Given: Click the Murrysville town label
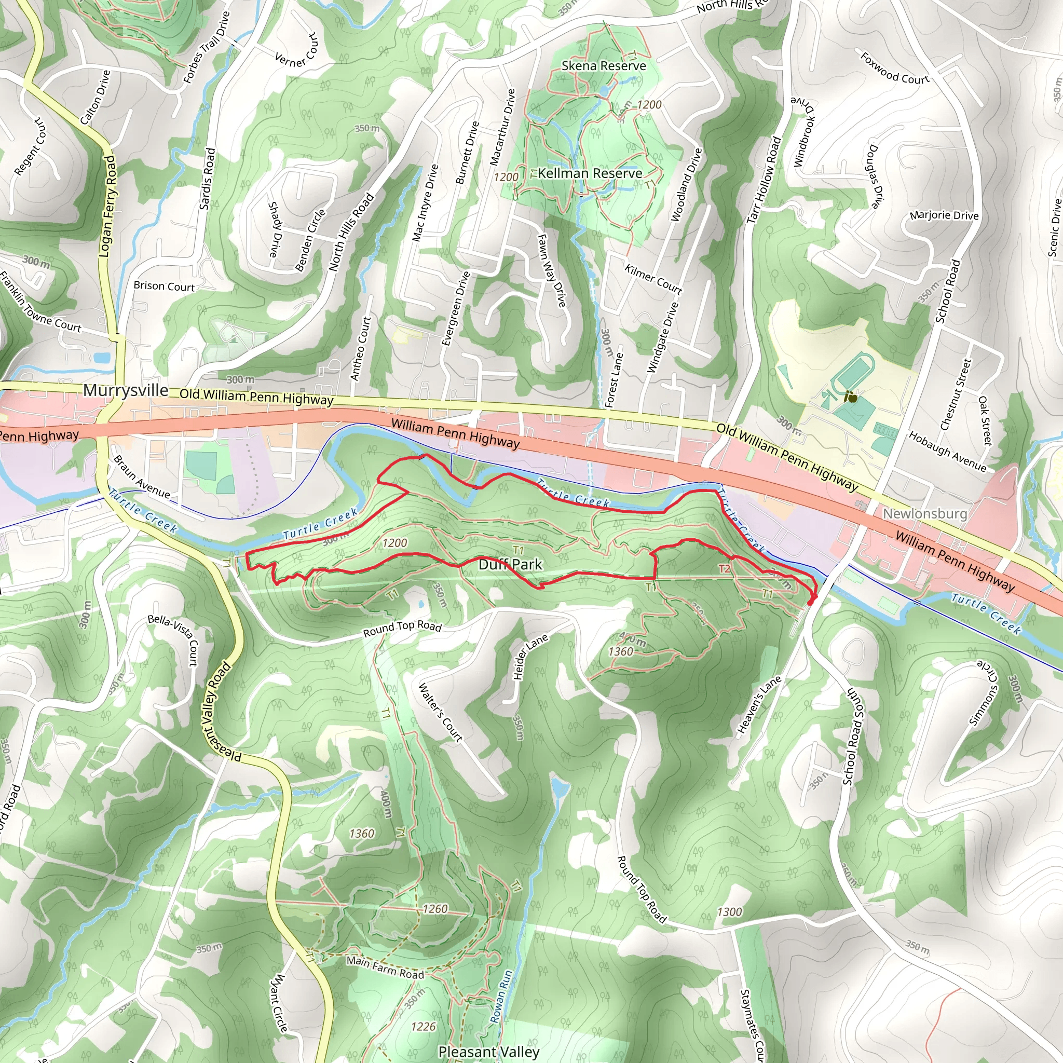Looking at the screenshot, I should click(126, 391).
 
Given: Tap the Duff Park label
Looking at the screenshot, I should click(510, 565).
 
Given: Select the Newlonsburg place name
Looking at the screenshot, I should click(925, 513).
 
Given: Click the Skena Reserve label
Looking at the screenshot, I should click(604, 66).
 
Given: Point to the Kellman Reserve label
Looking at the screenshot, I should click(590, 173).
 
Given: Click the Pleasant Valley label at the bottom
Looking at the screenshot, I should click(488, 1052).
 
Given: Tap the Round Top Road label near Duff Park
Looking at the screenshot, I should click(402, 629).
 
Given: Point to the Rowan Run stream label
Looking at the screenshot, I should click(501, 997).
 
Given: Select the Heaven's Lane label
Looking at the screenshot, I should click(759, 705).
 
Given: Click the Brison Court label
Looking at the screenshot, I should click(164, 286).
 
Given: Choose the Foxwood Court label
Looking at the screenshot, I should click(894, 68).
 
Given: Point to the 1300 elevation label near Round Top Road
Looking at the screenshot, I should click(730, 911).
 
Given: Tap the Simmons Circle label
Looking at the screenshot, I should click(983, 694).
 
